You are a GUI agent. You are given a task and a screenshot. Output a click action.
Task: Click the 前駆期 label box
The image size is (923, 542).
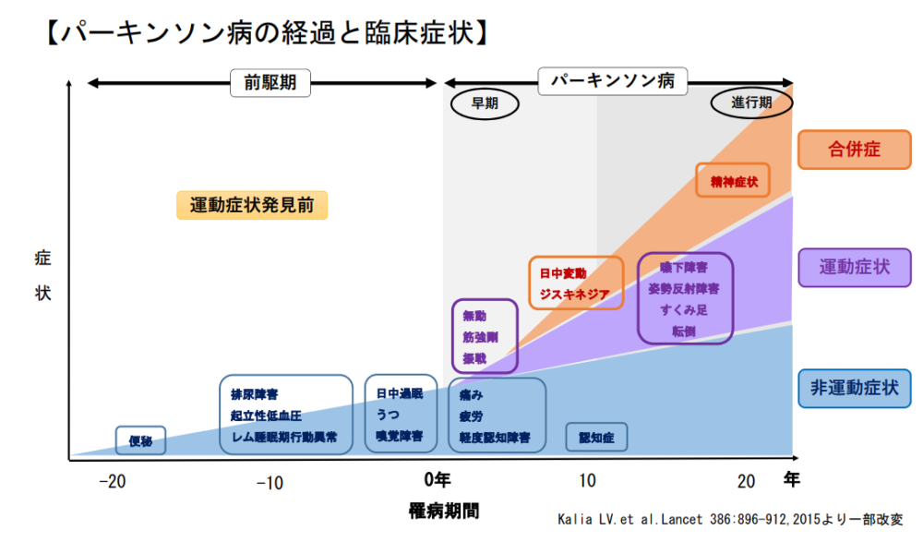(x=270, y=83)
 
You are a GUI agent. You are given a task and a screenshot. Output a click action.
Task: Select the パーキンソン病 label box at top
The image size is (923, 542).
(x=613, y=81)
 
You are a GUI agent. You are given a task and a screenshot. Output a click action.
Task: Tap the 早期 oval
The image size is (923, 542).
(x=485, y=103)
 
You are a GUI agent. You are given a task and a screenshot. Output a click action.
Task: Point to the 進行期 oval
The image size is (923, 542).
(x=752, y=103)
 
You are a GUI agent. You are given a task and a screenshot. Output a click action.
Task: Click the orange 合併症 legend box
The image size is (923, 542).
(x=855, y=150)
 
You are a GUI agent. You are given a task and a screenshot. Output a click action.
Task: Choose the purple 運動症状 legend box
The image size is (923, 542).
(x=855, y=268)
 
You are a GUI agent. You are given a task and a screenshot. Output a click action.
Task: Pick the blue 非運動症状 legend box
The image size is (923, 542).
(x=855, y=387)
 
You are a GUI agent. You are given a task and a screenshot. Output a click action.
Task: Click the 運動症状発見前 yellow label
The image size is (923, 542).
(x=252, y=205)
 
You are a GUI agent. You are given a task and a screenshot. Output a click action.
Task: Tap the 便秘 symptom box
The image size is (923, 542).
(x=140, y=440)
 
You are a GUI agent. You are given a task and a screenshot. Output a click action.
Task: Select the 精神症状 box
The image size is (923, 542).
(x=734, y=181)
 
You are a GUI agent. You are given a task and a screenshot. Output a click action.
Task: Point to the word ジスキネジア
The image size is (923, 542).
(x=575, y=295)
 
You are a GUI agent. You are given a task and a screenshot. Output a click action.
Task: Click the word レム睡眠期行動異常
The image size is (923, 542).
(x=284, y=436)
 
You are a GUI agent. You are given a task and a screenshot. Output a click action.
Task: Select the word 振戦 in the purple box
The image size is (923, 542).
(x=474, y=357)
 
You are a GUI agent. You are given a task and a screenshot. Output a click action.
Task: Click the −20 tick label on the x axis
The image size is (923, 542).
(x=112, y=481)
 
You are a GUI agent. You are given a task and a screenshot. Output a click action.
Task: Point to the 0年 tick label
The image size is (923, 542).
(x=438, y=480)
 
